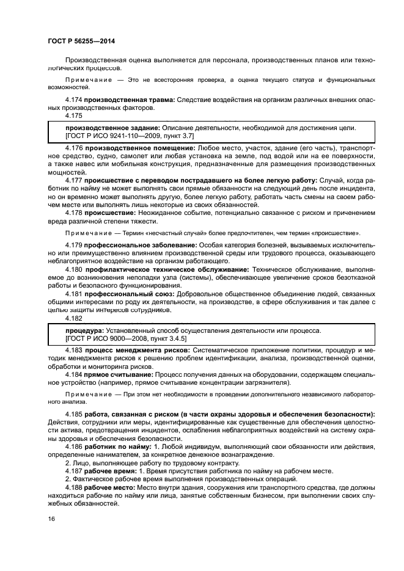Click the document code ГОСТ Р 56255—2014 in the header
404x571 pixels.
pos(81,41)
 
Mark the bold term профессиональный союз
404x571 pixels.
pos(121,293)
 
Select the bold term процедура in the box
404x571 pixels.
pos(74,330)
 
